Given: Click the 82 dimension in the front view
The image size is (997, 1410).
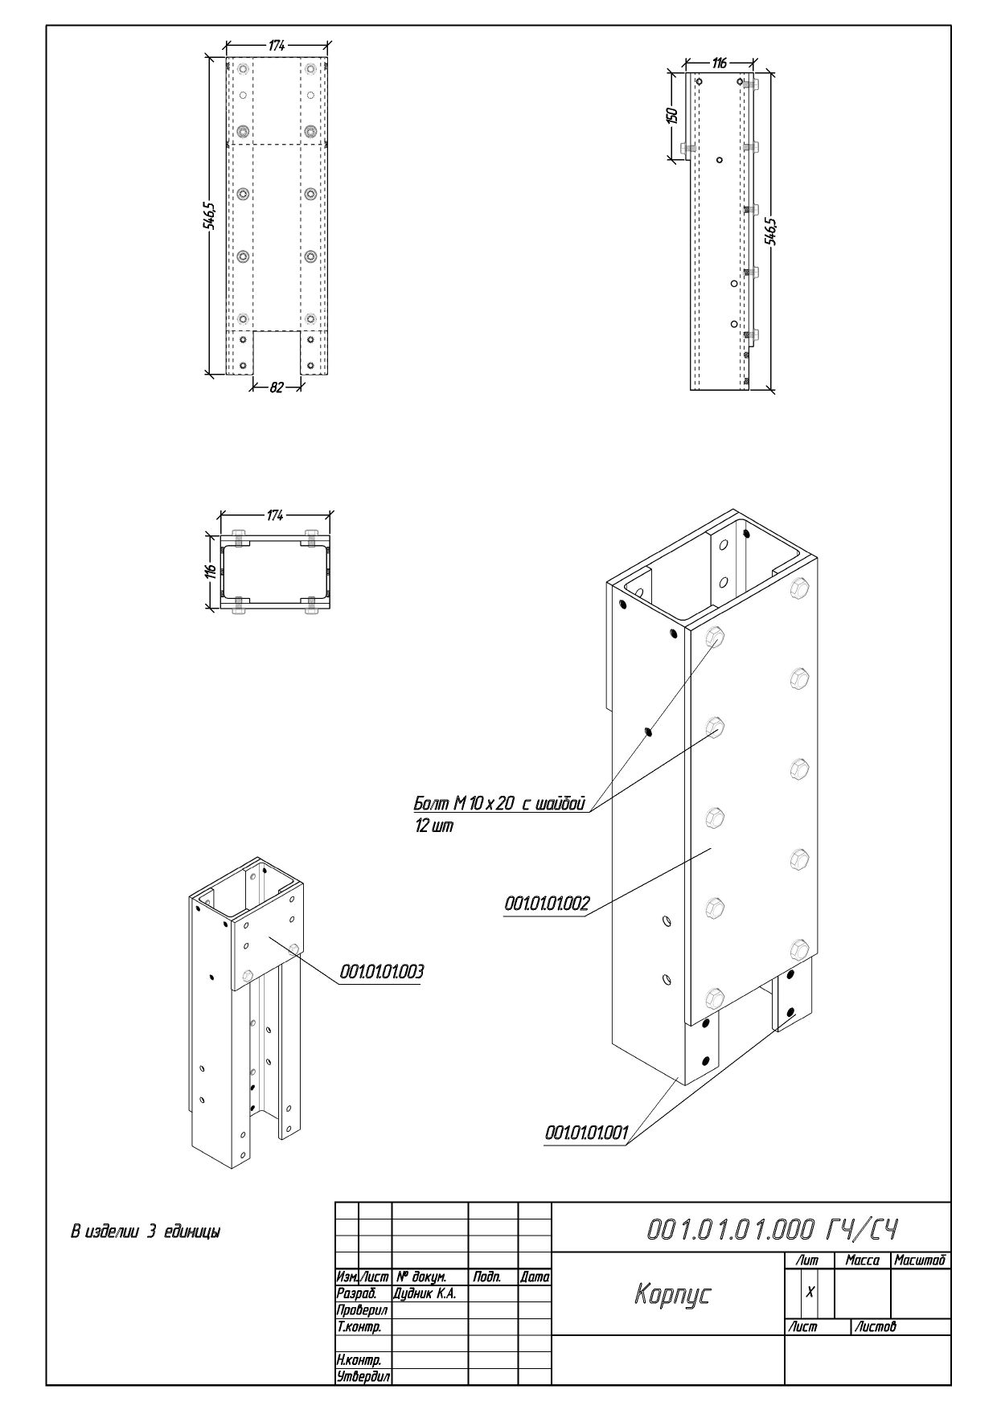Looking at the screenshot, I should [x=276, y=387].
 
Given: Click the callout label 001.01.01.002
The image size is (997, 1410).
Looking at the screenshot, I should [x=547, y=904].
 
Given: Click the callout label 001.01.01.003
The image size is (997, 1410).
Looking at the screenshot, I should [x=382, y=972].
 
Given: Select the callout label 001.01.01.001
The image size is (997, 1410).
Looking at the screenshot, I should [x=586, y=1132].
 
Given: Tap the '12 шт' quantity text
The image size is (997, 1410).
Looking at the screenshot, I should [x=434, y=826].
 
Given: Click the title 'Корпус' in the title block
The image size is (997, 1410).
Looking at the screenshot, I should [x=672, y=1293].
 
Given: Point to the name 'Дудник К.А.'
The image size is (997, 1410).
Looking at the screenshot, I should [x=425, y=1293].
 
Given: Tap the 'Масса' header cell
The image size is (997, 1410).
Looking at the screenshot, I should [x=862, y=1260].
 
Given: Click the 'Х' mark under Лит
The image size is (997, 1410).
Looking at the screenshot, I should [x=810, y=1291].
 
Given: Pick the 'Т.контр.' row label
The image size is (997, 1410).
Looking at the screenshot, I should [x=359, y=1326].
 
